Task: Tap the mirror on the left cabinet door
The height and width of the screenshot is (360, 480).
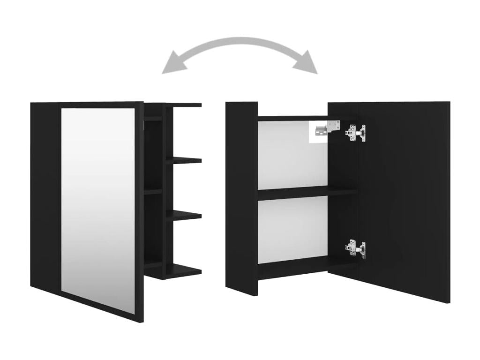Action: [98, 206]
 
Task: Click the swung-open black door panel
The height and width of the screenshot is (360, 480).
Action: [403, 202]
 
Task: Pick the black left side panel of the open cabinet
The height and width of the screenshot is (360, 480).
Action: [241, 197]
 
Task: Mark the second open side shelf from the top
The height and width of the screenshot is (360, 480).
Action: [184, 160]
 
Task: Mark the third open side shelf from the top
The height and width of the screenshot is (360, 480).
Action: [184, 215]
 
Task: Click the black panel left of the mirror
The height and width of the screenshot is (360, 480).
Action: [45, 197]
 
